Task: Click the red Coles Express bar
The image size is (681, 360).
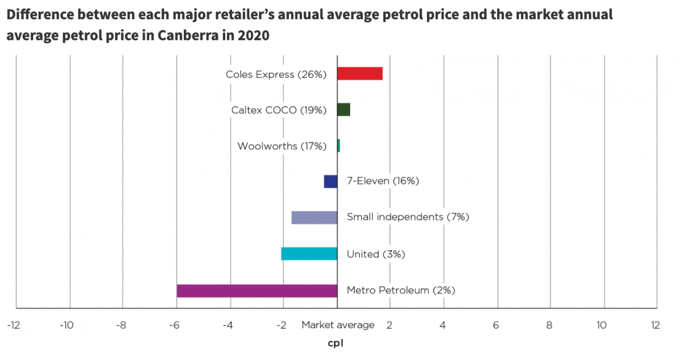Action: (x=360, y=74)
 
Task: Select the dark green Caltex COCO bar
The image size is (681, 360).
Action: (x=343, y=110)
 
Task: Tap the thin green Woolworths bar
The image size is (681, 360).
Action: (x=339, y=146)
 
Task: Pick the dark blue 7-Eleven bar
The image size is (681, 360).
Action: (x=330, y=182)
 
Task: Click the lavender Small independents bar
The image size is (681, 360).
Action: (x=314, y=217)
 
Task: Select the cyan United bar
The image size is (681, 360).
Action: (x=309, y=254)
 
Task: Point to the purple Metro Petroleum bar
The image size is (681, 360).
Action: (x=257, y=291)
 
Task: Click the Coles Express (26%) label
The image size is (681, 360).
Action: (x=276, y=74)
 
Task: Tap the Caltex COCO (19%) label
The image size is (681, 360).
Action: (x=279, y=110)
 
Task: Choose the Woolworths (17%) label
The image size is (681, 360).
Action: (x=281, y=146)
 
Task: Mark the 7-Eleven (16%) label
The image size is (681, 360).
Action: (x=382, y=182)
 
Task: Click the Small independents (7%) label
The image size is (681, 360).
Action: (x=407, y=217)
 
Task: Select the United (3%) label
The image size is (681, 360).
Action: (x=376, y=254)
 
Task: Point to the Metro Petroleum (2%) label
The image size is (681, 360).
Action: (x=401, y=291)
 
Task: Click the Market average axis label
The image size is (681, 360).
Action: (x=338, y=325)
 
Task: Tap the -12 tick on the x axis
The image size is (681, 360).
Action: (x=14, y=325)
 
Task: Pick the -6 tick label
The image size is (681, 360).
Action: (x=174, y=325)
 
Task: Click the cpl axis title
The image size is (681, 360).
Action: (x=336, y=344)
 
